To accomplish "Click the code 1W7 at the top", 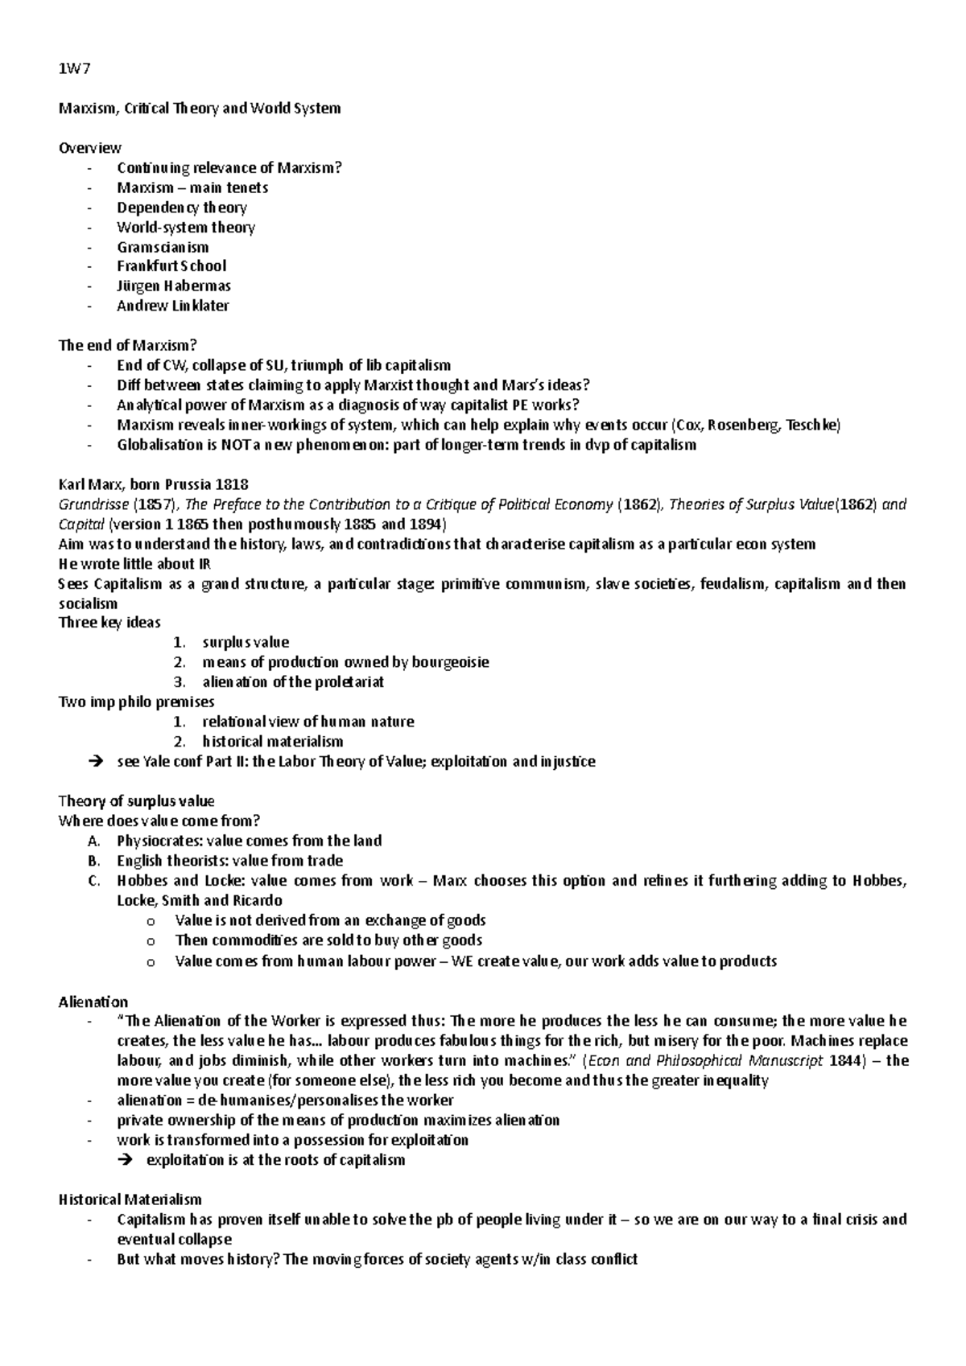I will click(75, 68).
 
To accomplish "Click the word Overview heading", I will click(90, 147).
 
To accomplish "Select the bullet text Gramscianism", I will click(163, 247).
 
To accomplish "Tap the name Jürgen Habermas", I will click(173, 286).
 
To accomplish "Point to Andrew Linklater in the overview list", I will click(172, 306).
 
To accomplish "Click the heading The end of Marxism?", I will click(128, 345).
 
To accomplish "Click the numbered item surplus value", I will click(246, 642).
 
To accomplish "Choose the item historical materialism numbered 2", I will click(272, 741).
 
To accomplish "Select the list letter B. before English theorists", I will click(94, 861).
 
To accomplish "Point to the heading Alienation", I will click(93, 1002).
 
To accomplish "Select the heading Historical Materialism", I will click(130, 1199).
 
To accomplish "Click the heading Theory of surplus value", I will click(137, 800).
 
